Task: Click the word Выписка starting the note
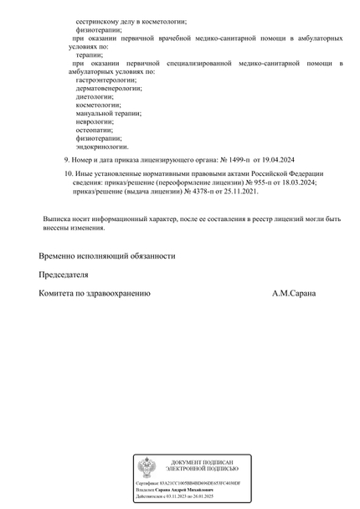point(59,219)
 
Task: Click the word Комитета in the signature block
point(61,294)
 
